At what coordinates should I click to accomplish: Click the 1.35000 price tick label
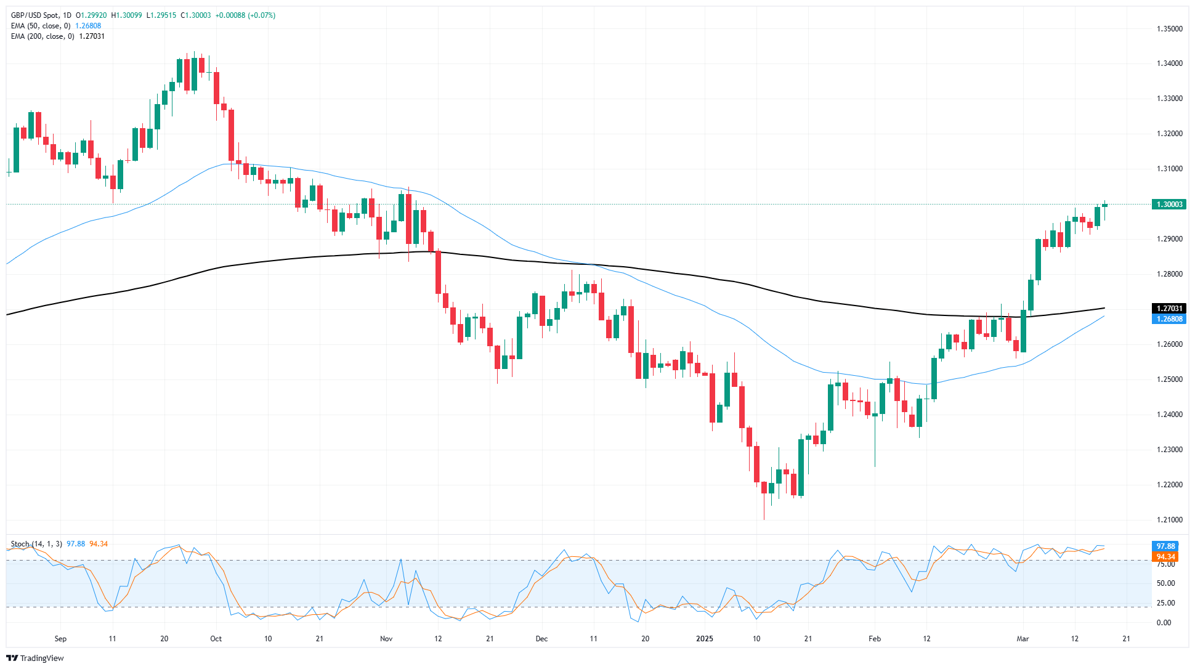pos(1169,28)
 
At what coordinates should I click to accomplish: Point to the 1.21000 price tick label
pos(1169,520)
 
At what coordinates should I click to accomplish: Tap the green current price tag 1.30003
pos(1169,205)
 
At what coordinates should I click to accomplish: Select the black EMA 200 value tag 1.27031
pos(1169,309)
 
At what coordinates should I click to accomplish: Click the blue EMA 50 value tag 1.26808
pos(1169,319)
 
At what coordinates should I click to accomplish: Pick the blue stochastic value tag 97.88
pos(1165,546)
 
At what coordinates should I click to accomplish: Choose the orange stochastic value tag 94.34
pos(1165,557)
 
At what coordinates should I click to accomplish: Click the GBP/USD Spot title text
pos(36,15)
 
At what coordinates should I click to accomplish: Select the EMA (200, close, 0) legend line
pos(43,36)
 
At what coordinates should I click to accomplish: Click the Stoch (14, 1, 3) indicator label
pos(36,544)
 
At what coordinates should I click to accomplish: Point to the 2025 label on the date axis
pos(705,639)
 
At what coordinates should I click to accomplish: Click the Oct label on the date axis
pos(216,639)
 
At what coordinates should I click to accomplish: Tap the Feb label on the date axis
pos(875,639)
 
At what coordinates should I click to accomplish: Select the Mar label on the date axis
pos(1023,639)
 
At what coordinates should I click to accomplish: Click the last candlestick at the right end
pos(1105,205)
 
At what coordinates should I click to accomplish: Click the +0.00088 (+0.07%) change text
pos(245,15)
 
